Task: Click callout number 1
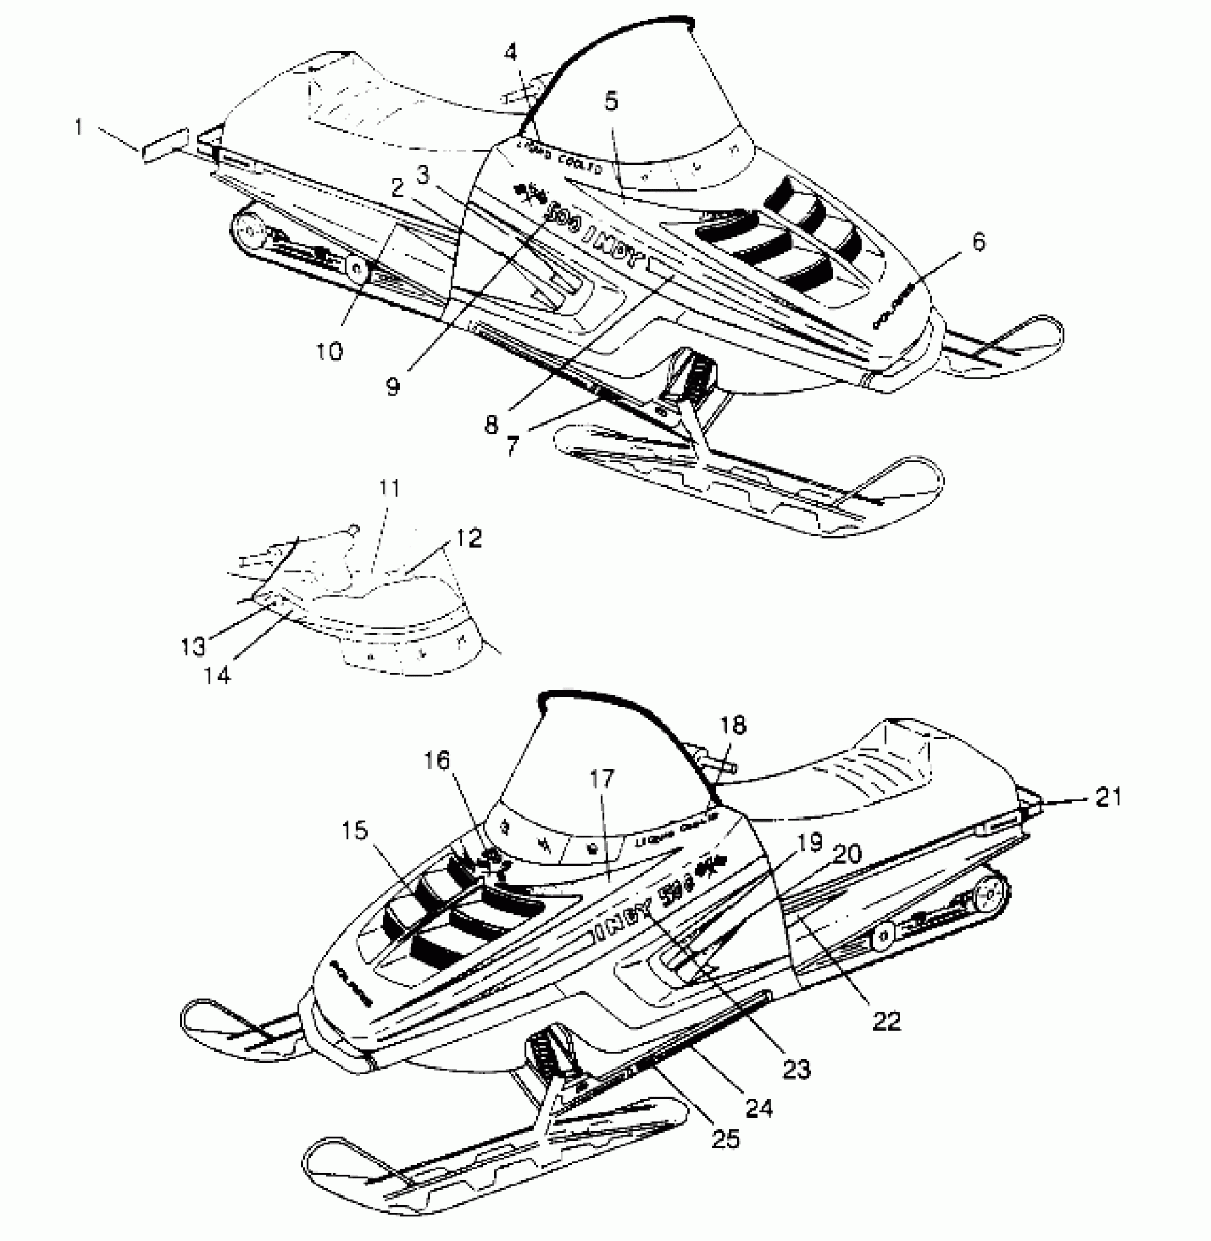point(78,128)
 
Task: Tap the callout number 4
point(510,53)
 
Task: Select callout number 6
point(979,243)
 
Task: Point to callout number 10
point(330,351)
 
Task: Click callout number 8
point(492,425)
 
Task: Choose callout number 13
point(193,646)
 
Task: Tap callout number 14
point(218,674)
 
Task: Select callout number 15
point(355,831)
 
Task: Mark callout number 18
point(733,725)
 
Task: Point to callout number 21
point(1108,797)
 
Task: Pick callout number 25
point(724,1138)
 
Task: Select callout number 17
point(601,779)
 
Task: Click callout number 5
point(611,102)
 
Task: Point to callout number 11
point(390,489)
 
